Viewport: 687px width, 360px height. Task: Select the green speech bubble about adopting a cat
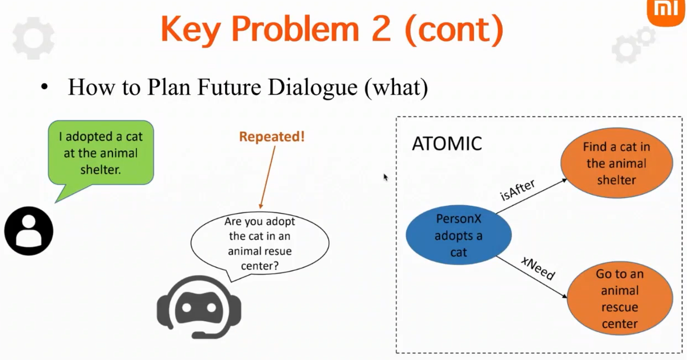click(100, 153)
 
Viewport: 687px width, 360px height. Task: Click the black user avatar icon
click(29, 231)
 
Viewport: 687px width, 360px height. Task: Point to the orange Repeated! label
click(272, 136)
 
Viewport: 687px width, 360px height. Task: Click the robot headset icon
click(199, 308)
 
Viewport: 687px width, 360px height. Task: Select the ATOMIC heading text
click(447, 144)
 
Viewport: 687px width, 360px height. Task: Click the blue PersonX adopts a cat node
click(459, 236)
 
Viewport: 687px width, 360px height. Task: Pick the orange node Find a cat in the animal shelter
click(616, 164)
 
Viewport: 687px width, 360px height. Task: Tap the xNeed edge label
click(538, 267)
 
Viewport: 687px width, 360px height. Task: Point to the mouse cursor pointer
click(385, 177)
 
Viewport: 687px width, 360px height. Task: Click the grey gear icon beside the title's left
click(33, 38)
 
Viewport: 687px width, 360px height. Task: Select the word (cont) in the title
click(455, 30)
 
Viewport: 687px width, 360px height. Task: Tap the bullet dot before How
click(45, 89)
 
